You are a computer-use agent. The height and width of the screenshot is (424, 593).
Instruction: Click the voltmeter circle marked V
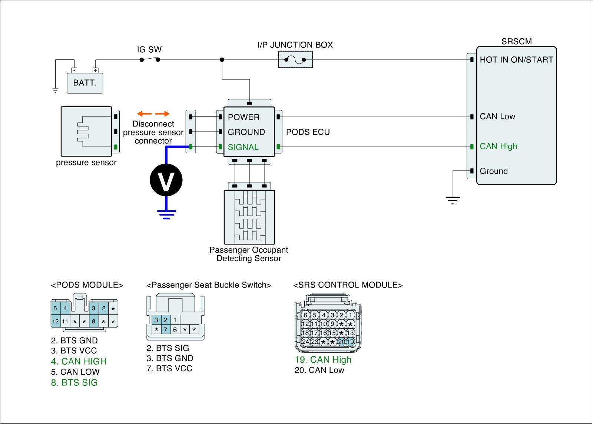166,180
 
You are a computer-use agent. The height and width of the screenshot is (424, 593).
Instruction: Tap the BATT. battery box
85,83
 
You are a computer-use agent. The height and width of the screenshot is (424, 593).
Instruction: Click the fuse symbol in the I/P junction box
295,60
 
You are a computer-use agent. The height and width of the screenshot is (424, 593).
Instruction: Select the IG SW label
149,50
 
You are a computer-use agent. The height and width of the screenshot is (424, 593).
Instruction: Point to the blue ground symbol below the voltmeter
166,215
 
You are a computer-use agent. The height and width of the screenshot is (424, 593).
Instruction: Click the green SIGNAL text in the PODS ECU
243,147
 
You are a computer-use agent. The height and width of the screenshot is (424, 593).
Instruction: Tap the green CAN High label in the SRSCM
498,146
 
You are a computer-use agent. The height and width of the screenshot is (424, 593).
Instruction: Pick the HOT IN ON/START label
517,60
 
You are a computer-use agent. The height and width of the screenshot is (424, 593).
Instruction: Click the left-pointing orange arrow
144,114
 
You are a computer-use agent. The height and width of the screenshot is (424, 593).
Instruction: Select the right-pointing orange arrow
162,114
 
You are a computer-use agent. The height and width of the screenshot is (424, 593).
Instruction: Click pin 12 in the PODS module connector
55,322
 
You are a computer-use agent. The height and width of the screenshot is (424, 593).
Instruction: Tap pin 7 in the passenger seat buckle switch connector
165,330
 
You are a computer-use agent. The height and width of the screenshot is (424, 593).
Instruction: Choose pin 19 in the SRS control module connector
350,342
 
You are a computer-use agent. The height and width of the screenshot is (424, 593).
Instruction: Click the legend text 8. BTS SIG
74,383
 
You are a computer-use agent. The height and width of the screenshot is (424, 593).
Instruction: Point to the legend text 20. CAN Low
319,370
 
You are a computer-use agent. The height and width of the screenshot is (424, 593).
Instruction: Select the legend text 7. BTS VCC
169,369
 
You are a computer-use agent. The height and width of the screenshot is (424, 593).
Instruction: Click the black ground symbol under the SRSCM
453,200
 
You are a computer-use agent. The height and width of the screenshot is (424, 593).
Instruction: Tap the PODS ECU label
308,132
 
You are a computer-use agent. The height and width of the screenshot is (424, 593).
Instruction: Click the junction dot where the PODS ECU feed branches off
222,60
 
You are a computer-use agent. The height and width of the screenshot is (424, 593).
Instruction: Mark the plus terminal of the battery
95,70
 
